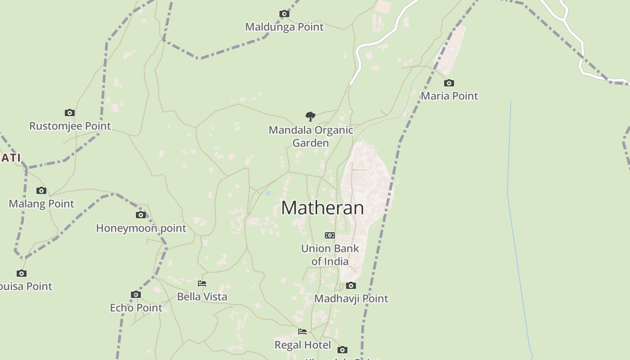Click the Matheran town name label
[322, 208]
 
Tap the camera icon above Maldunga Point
[284, 14]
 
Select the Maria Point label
[449, 96]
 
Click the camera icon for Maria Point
[449, 83]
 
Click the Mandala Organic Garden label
[311, 136]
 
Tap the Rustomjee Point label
[70, 126]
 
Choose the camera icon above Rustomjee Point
[70, 112]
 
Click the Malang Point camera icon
[41, 190]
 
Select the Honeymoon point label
[141, 228]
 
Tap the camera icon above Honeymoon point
[141, 215]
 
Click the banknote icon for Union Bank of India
[330, 235]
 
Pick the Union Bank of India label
[330, 255]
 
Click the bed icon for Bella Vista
[202, 283]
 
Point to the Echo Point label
[136, 308]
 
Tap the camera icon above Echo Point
[136, 295]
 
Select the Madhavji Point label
[351, 298]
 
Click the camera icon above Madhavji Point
[351, 285]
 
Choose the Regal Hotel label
[302, 345]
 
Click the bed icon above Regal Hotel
[302, 332]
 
